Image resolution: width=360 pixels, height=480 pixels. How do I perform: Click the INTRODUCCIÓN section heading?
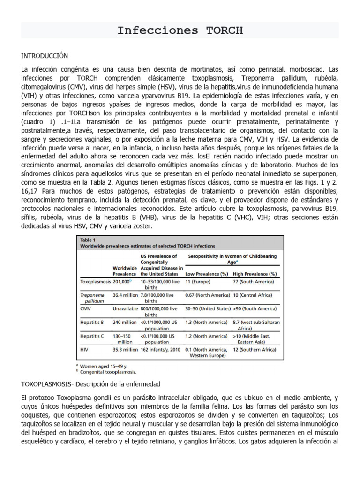pyautogui.click(x=45, y=56)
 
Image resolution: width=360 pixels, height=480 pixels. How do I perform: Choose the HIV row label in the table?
pyautogui.click(x=85, y=349)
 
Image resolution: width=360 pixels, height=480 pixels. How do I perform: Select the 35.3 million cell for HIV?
pyautogui.click(x=125, y=349)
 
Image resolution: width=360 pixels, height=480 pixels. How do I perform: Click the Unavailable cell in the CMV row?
pyautogui.click(x=125, y=308)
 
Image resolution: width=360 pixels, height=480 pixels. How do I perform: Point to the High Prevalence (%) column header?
pyautogui.click(x=255, y=273)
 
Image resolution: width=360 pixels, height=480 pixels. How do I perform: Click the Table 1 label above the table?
pyautogui.click(x=88, y=240)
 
